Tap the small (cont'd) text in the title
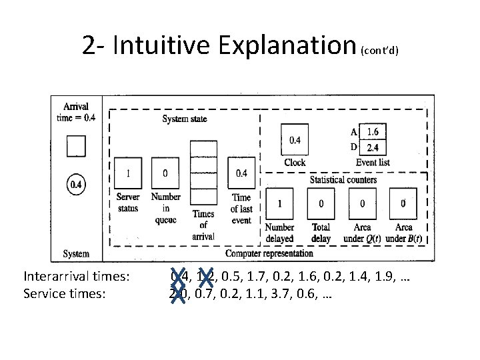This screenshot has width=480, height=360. point(380,51)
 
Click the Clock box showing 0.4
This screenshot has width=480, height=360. point(295,140)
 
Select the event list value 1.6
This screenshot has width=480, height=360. point(373,131)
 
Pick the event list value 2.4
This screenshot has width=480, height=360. point(373,147)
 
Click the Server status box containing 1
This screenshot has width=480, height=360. point(127,174)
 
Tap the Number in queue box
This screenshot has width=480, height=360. point(165,174)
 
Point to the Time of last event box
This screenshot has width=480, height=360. point(241,174)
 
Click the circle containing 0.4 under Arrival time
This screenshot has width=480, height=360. point(76,184)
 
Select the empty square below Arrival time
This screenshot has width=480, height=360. point(76,146)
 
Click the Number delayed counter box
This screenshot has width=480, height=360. point(279,203)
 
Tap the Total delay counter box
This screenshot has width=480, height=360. point(321,203)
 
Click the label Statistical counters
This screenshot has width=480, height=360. point(343,179)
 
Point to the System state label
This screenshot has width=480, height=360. point(185,119)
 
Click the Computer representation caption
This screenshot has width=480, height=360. point(269,253)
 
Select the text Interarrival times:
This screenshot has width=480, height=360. point(77,277)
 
